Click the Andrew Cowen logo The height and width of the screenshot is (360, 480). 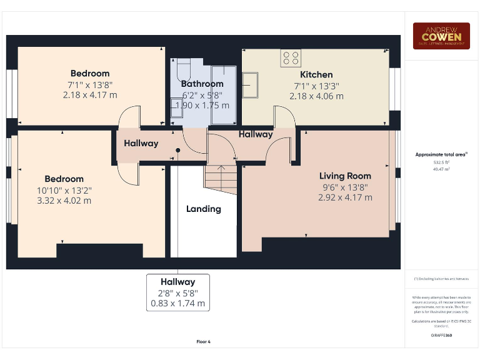click(441, 36)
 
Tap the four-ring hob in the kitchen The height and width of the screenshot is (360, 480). click(291, 57)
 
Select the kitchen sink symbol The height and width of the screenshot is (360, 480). click(251, 85)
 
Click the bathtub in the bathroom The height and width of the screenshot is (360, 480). click(223, 91)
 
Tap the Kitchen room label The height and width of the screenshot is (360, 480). click(316, 74)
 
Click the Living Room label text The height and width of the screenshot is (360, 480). click(345, 176)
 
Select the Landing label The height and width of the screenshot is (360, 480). click(203, 209)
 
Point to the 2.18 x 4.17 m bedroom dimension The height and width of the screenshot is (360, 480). click(90, 95)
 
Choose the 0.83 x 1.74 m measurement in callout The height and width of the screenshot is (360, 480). click(177, 303)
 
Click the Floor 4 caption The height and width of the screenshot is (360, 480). click(203, 342)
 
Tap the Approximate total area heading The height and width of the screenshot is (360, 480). click(441, 154)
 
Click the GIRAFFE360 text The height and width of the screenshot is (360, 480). click(441, 336)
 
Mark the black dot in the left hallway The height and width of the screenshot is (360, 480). click(178, 150)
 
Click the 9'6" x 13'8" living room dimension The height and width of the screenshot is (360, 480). click(346, 187)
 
